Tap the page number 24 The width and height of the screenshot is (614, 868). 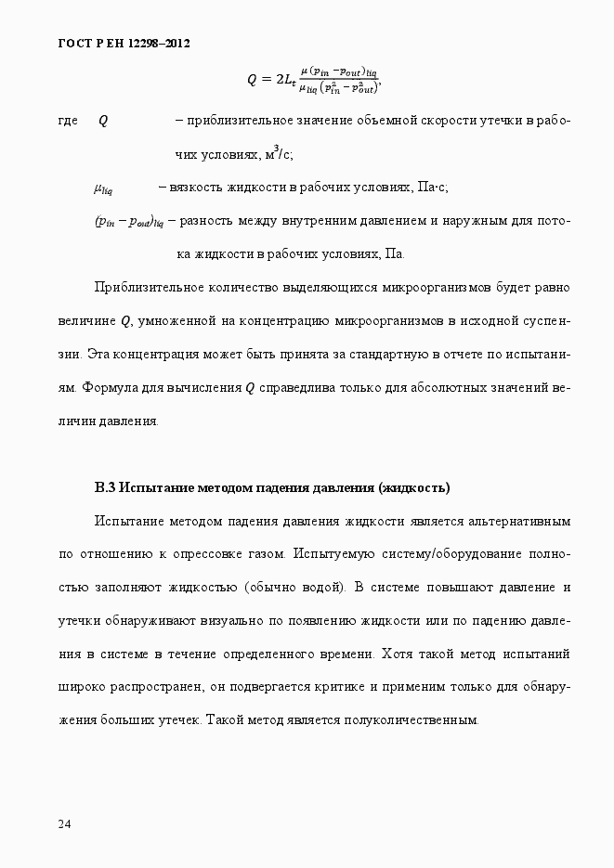(64, 823)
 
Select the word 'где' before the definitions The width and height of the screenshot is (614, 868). (68, 121)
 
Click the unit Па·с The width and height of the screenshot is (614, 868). (433, 188)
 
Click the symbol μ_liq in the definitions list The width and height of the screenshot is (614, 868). (103, 188)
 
